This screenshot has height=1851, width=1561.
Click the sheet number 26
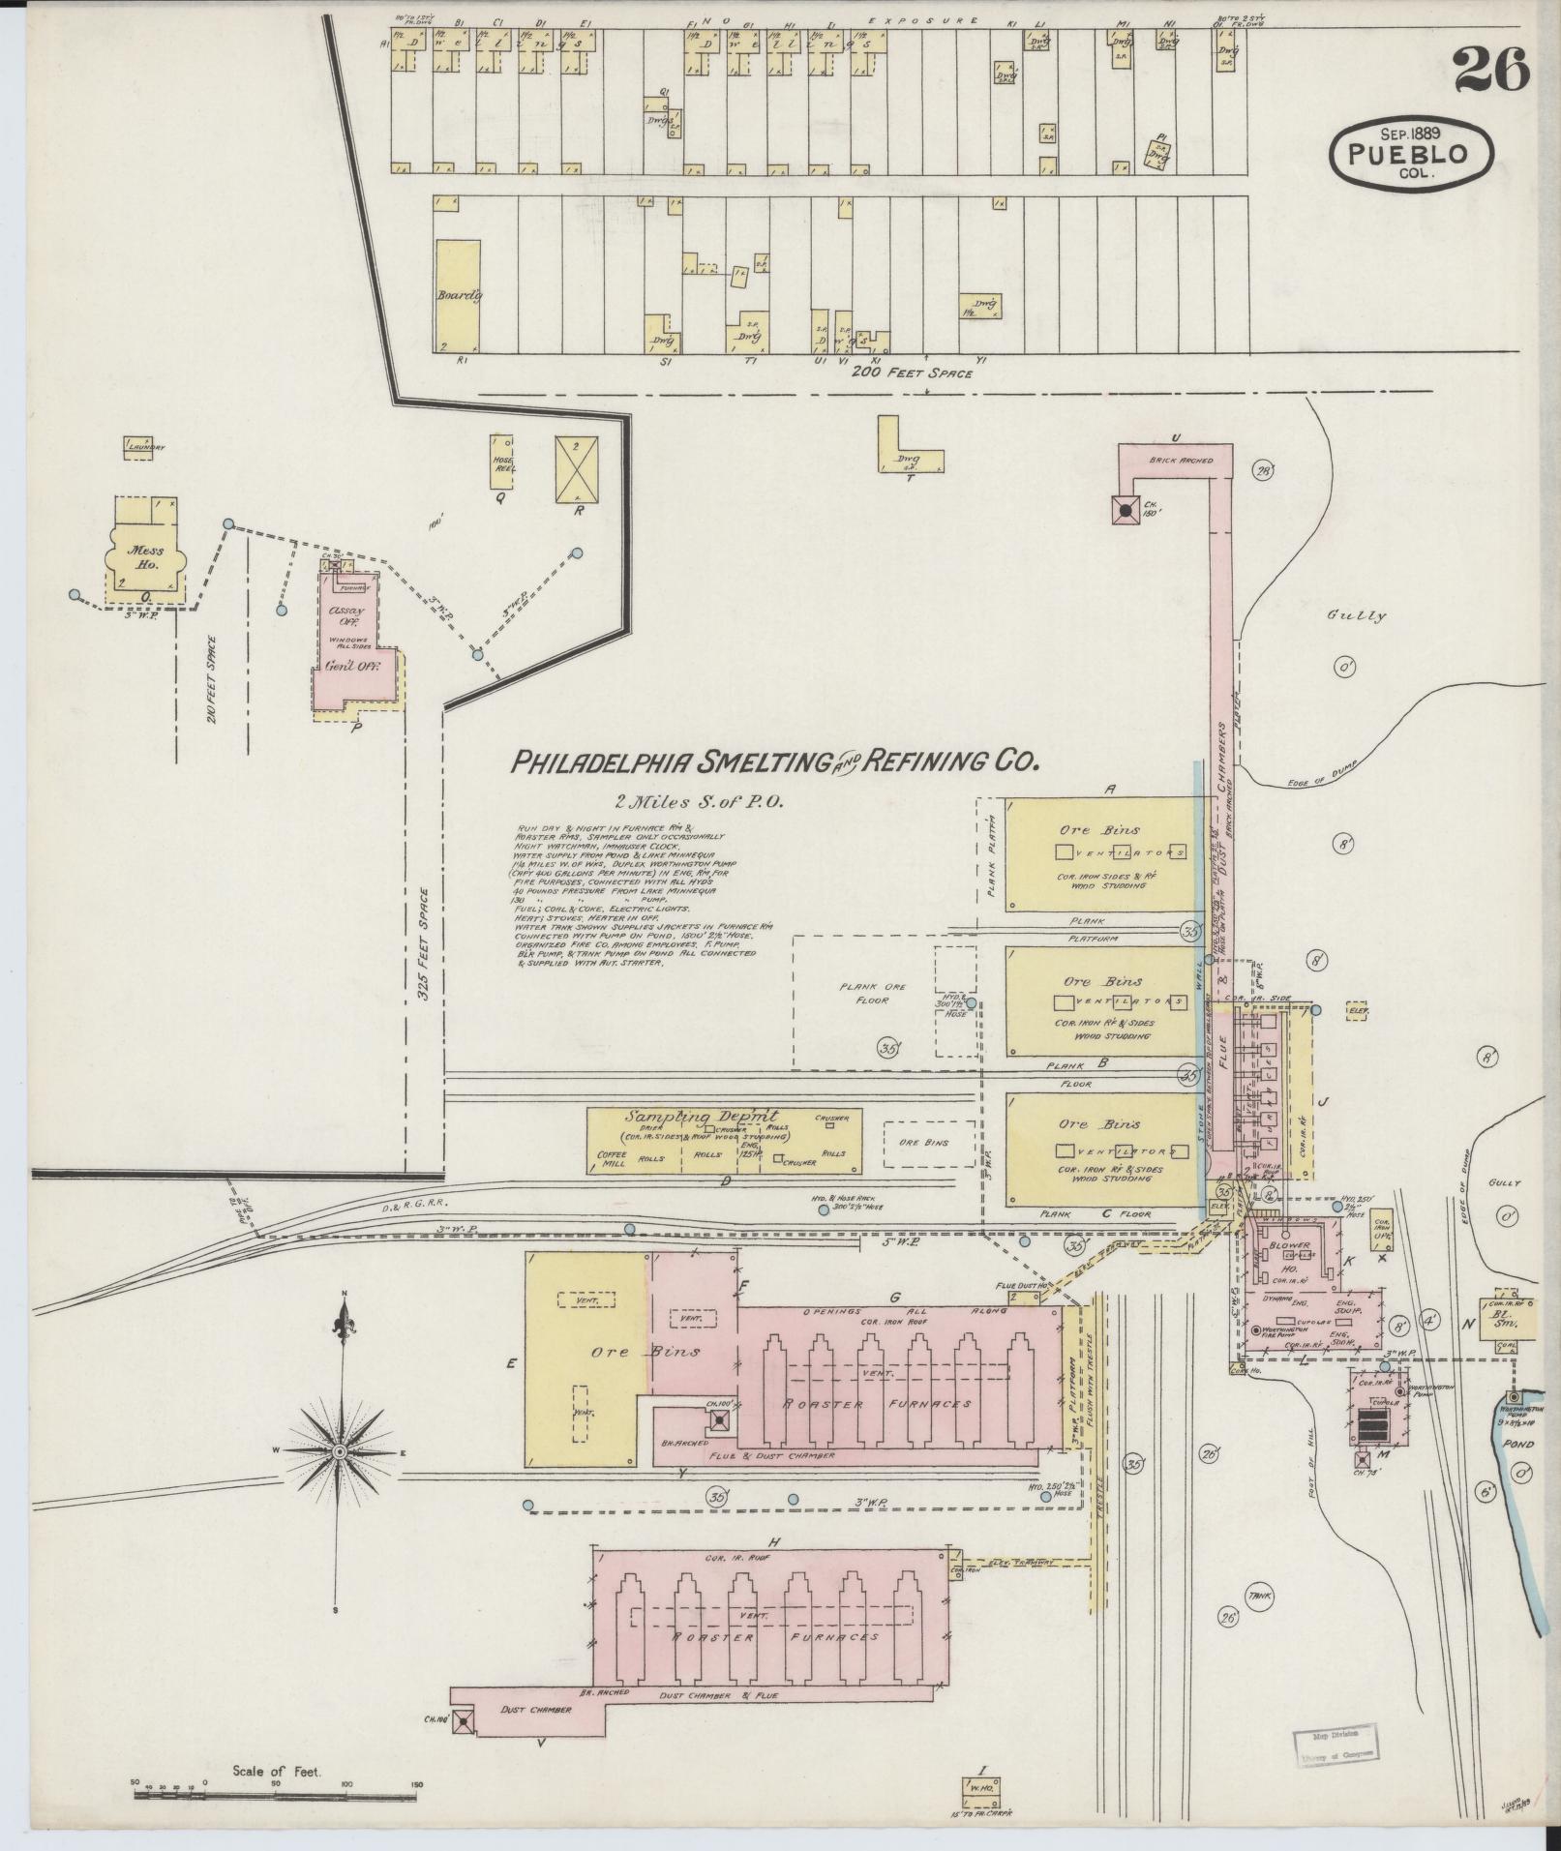tap(1490, 69)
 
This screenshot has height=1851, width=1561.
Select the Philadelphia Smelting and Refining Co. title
tap(773, 762)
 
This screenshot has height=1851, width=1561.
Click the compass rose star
tap(341, 1453)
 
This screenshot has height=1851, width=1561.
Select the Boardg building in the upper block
tap(457, 296)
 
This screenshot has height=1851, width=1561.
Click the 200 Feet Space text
tap(911, 373)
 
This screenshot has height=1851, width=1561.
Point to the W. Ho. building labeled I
tap(982, 1788)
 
